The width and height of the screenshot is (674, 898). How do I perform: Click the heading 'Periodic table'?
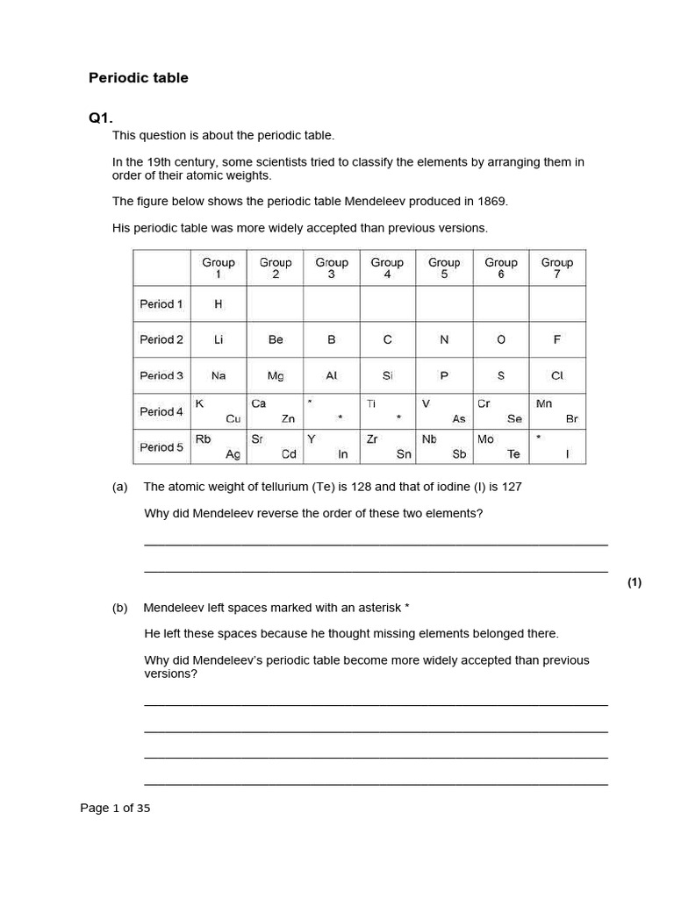pyautogui.click(x=139, y=78)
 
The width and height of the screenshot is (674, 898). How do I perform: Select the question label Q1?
pyautogui.click(x=101, y=118)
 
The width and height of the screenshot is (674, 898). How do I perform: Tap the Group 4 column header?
pyautogui.click(x=387, y=267)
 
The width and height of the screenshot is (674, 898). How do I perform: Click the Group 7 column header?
pyautogui.click(x=557, y=267)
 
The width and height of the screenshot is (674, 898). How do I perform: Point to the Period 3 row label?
pyautogui.click(x=161, y=375)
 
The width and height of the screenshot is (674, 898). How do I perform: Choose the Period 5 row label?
pyautogui.click(x=161, y=447)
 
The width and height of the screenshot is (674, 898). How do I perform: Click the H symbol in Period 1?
pyautogui.click(x=219, y=304)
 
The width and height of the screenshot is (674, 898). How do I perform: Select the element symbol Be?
pyautogui.click(x=276, y=339)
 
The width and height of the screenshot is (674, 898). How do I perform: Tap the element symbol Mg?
pyautogui.click(x=276, y=375)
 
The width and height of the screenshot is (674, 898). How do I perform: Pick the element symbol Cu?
pyautogui.click(x=233, y=419)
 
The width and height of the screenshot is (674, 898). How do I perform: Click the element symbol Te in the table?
pyautogui.click(x=514, y=454)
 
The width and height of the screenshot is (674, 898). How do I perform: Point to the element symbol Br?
pyautogui.click(x=572, y=419)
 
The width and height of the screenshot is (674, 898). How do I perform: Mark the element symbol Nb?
pyautogui.click(x=429, y=439)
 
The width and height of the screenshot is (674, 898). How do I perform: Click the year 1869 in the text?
pyautogui.click(x=491, y=202)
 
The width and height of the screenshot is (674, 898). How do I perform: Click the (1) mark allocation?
pyautogui.click(x=635, y=583)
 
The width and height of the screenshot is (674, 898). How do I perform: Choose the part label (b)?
pyautogui.click(x=120, y=607)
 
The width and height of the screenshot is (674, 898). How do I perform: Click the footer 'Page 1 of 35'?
pyautogui.click(x=115, y=809)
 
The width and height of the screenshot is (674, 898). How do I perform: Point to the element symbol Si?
pyautogui.click(x=387, y=375)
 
